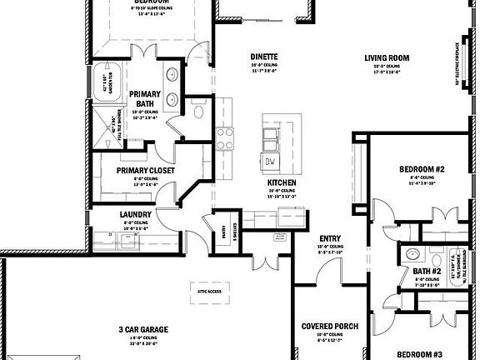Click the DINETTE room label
pos(263,57)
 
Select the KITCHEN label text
pos(278,182)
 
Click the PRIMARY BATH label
pos(144,99)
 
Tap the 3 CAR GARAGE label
pos(143,330)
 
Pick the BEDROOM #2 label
pos(421,168)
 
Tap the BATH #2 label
pos(427,271)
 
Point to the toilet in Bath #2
pos(411,255)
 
